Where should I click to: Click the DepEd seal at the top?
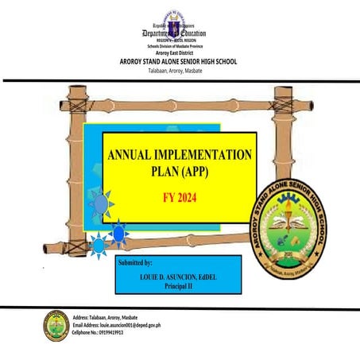179,16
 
